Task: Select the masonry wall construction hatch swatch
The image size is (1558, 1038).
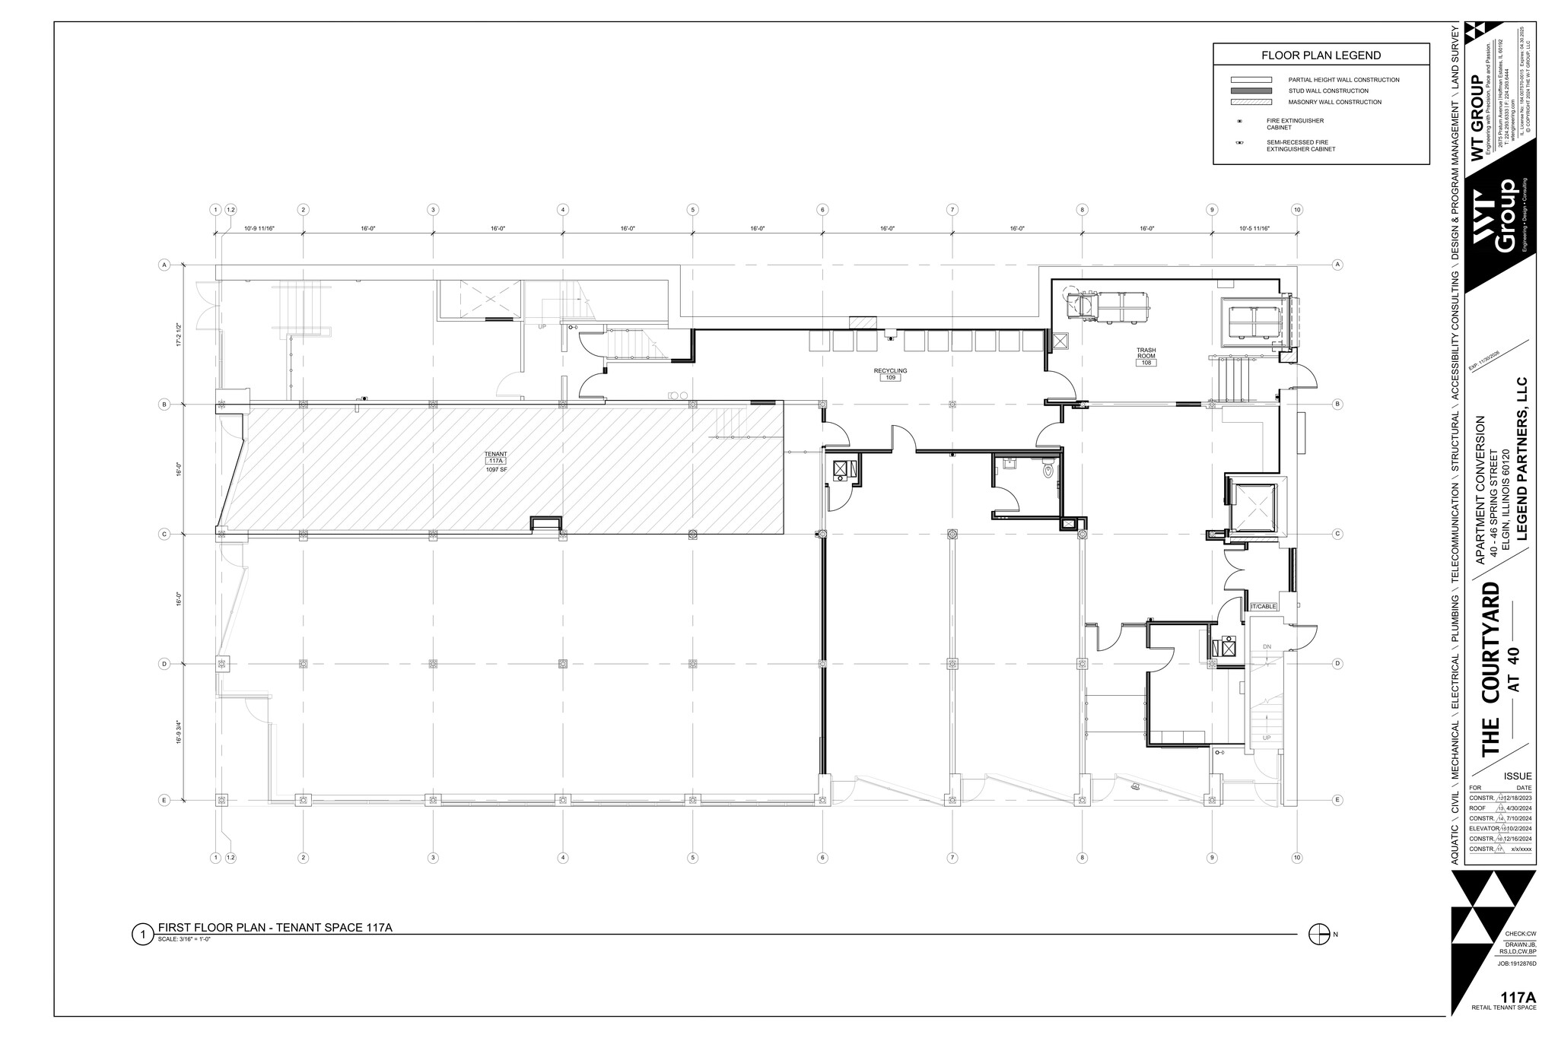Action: pyautogui.click(x=1251, y=102)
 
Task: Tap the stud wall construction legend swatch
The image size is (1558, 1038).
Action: pyautogui.click(x=1251, y=90)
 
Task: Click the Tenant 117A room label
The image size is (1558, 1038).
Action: pyautogui.click(x=496, y=458)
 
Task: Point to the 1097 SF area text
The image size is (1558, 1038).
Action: pyautogui.click(x=496, y=471)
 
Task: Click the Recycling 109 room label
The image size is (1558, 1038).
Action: pyautogui.click(x=890, y=374)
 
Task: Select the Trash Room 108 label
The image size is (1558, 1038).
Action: pyautogui.click(x=1146, y=357)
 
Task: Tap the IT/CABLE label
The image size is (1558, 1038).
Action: pyautogui.click(x=1263, y=606)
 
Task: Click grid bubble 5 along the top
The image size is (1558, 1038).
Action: pyautogui.click(x=692, y=210)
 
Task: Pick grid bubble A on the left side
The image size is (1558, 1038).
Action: pyautogui.click(x=164, y=265)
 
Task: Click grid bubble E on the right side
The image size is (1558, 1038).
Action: pyautogui.click(x=1337, y=799)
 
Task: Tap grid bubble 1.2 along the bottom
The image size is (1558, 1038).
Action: pyautogui.click(x=231, y=858)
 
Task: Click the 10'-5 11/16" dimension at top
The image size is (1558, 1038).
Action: pyautogui.click(x=1254, y=228)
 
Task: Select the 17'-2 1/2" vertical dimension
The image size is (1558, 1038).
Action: pyautogui.click(x=179, y=335)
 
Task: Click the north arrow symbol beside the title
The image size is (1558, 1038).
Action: pyautogui.click(x=1318, y=935)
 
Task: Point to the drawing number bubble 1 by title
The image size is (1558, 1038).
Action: pyautogui.click(x=142, y=934)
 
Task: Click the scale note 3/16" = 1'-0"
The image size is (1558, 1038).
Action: pyautogui.click(x=184, y=940)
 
